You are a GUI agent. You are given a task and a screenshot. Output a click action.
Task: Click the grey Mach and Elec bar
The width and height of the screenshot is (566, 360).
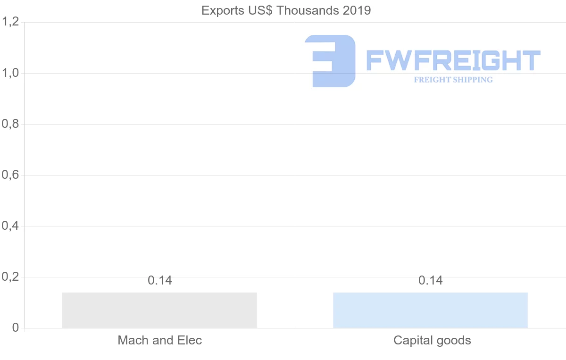[159, 310]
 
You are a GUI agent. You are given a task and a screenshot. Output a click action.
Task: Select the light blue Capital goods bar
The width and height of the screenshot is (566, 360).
[430, 310]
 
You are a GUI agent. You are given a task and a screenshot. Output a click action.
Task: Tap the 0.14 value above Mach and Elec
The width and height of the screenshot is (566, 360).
[160, 280]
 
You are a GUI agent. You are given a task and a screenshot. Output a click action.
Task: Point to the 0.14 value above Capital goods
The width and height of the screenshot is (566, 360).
[431, 280]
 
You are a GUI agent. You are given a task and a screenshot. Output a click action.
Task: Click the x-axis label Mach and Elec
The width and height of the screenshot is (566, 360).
[160, 340]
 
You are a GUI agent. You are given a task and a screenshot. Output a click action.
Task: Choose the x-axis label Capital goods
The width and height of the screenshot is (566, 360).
[432, 340]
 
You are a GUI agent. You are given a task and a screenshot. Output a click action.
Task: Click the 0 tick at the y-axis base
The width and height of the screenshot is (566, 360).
[15, 328]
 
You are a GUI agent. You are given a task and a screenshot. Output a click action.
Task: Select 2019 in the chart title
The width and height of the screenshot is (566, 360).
[357, 10]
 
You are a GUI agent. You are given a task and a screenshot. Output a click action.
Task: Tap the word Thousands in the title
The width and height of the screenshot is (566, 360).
[308, 10]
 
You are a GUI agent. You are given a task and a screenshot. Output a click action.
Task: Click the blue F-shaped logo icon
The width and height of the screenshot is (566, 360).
[330, 60]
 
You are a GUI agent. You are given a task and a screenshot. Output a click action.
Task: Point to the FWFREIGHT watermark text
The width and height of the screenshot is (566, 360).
[453, 60]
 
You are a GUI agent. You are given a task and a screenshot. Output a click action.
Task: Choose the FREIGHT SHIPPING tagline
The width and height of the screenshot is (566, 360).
[453, 80]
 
